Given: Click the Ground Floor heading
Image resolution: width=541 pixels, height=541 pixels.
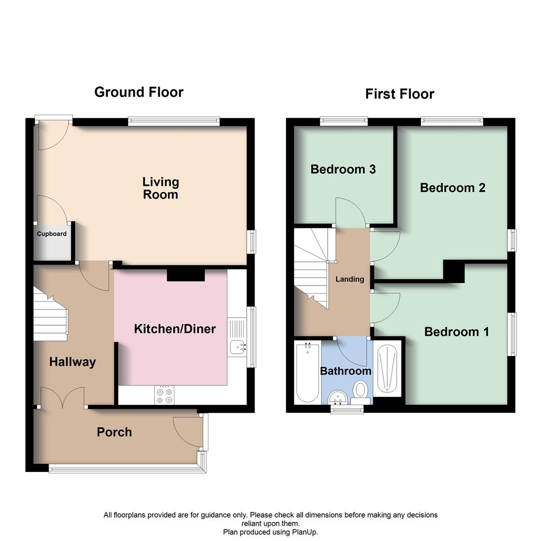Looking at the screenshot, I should tap(139, 92).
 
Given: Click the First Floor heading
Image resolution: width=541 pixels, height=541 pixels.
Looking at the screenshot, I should tap(399, 94).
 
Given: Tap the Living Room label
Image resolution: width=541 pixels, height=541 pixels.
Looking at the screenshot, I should tap(160, 188).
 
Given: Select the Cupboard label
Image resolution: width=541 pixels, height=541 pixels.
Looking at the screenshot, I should tap(52, 234).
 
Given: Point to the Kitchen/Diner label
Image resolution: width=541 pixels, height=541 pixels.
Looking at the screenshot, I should tap(174, 329).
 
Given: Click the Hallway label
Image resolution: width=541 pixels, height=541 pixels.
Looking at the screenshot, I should tap(72, 362).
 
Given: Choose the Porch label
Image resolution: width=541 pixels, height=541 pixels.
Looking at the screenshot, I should tap(114, 432).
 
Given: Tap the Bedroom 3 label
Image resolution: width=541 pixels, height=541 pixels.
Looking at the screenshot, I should tap(343, 169).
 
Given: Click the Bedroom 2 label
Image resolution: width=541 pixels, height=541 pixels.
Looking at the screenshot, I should tap(452, 188).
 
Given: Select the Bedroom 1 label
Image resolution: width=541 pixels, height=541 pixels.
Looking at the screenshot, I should tap(456, 332).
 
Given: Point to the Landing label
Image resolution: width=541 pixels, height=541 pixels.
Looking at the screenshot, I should tap(350, 279).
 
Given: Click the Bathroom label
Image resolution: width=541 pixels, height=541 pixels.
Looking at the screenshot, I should tap(346, 371).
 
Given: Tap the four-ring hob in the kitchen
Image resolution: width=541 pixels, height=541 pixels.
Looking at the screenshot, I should tap(165, 394).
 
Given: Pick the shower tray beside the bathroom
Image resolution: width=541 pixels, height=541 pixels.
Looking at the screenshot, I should tap(388, 369).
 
